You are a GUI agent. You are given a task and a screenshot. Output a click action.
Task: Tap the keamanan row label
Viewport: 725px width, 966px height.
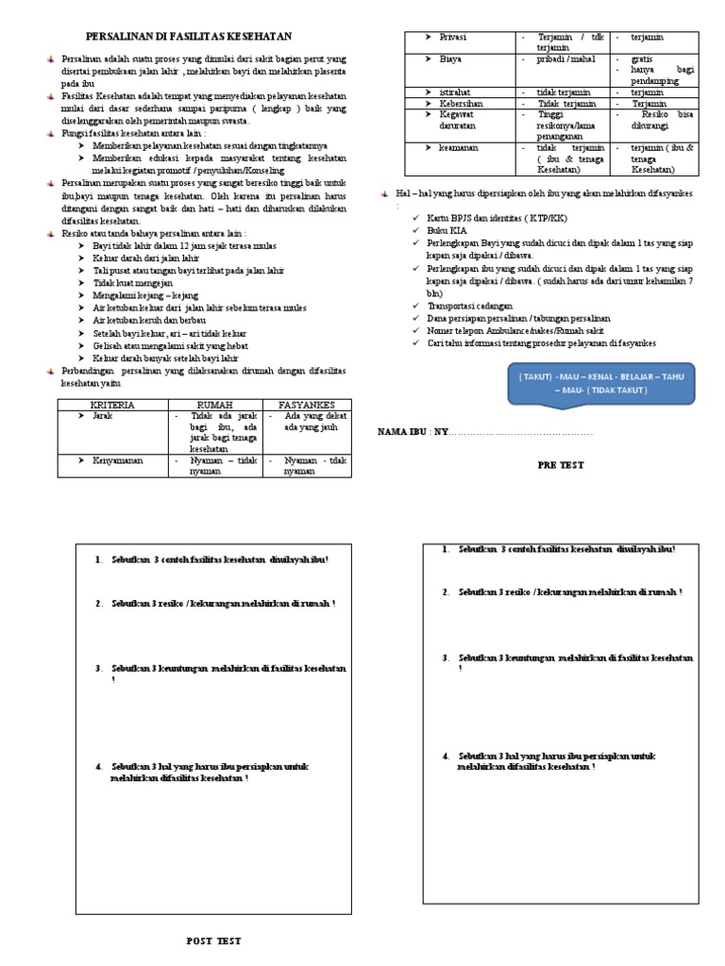(x=459, y=148)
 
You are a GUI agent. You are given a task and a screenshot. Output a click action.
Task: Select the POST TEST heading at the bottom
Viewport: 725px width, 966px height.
(x=214, y=941)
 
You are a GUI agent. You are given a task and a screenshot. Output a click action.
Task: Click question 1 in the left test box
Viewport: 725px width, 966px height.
(x=217, y=559)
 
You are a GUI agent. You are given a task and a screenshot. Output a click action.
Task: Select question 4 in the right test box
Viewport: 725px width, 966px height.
(x=557, y=761)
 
